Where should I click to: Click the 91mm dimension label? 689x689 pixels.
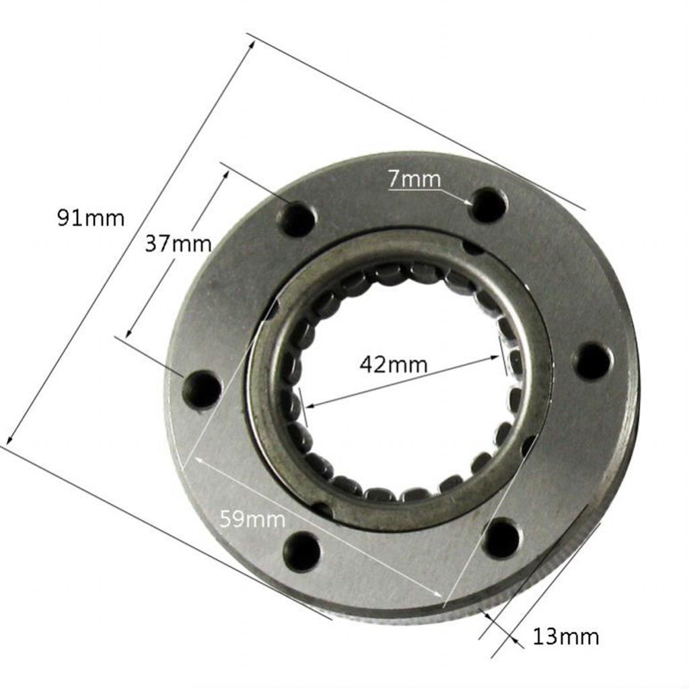(91, 218)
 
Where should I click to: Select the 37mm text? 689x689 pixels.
(178, 243)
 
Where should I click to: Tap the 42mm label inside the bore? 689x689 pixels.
(394, 365)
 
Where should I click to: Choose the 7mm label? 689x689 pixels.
(414, 179)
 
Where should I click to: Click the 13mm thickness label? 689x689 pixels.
(565, 636)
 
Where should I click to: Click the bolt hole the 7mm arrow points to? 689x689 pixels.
(488, 205)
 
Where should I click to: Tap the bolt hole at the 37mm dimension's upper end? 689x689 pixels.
(297, 219)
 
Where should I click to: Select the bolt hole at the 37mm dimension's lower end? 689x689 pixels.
(202, 390)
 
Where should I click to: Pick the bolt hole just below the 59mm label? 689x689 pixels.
(303, 550)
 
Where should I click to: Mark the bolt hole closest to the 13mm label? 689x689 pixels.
(502, 538)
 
